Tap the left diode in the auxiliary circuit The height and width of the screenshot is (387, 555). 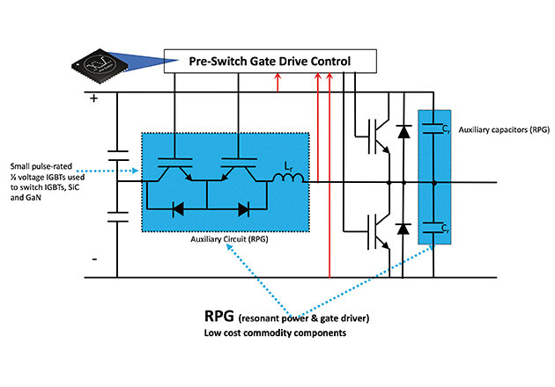click(x=175, y=209)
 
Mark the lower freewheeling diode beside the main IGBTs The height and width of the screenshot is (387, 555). click(x=403, y=229)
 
